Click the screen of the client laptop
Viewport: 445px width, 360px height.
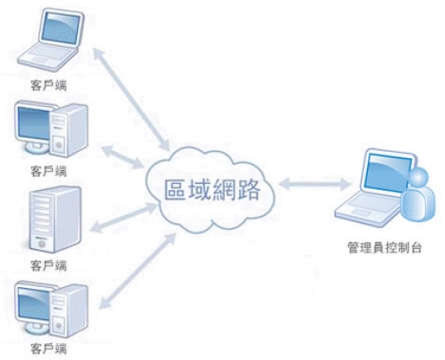[x=61, y=28]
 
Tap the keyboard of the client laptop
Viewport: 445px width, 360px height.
[x=49, y=56]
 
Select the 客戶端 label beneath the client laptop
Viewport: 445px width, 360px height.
[x=49, y=85]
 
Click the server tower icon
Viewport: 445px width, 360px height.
[x=55, y=219]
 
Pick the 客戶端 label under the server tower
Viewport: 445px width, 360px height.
[x=49, y=265]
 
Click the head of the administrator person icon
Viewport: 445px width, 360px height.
[x=418, y=177]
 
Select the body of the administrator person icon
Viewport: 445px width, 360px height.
[x=418, y=204]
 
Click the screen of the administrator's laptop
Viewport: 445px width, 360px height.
[x=387, y=173]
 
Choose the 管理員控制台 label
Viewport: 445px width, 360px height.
[x=384, y=248]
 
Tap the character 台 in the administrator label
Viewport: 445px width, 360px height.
[x=416, y=248]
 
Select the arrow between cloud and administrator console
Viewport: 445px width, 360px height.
[x=315, y=184]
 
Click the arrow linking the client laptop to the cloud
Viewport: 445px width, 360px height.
[x=131, y=99]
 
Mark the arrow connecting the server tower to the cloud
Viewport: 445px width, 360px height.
[x=124, y=218]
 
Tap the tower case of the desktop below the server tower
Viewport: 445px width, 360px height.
[x=69, y=311]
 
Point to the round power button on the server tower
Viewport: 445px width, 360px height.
[x=42, y=245]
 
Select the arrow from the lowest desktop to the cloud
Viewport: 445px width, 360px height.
[x=138, y=271]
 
